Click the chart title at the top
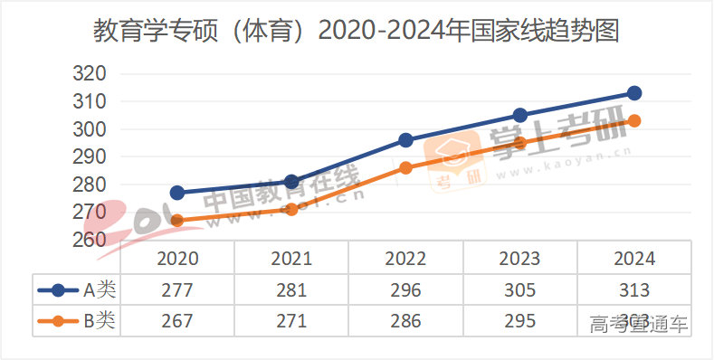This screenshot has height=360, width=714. coord(357,33)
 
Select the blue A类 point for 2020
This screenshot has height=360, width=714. coord(177,193)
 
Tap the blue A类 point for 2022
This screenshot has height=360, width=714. coord(405,140)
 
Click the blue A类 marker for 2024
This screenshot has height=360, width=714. coord(634,93)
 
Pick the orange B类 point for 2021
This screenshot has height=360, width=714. coord(291,209)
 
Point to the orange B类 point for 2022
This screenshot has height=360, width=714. coord(405,167)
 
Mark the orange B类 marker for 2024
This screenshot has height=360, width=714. coord(634,120)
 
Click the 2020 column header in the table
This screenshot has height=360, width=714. coord(177,258)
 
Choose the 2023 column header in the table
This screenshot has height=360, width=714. coord(519,258)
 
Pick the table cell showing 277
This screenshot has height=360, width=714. coord(177,290)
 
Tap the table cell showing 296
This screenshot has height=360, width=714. coord(405,290)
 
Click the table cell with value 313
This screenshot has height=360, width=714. coord(633,290)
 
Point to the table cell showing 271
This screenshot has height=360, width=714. coord(291,320)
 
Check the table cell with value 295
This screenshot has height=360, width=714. coord(519,320)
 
